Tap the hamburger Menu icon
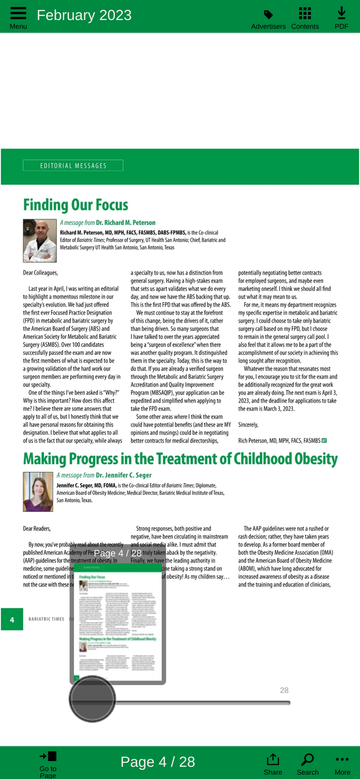tap(18, 13)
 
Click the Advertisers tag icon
tap(268, 15)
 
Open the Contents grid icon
tap(305, 13)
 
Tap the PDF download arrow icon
tap(341, 13)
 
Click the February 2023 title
tap(84, 15)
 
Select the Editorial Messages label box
tap(73, 166)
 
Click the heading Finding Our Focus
tap(76, 205)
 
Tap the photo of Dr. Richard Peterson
tap(40, 240)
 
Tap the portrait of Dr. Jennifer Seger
tap(38, 492)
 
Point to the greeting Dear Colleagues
tap(41, 273)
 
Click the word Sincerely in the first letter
tap(248, 425)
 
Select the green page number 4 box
tap(12, 619)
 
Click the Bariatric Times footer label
tap(46, 619)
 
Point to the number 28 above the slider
tap(284, 690)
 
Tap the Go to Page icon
tap(48, 756)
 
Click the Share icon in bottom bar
tap(273, 759)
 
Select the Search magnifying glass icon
tap(307, 759)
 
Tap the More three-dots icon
tap(342, 759)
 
